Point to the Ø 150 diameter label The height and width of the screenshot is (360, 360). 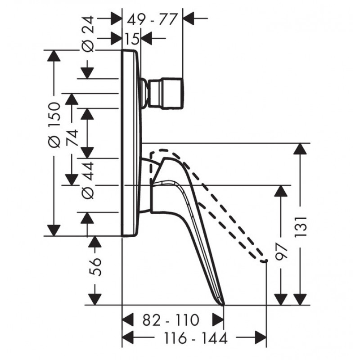pos(54,125)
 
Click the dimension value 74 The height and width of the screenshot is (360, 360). pos(72,138)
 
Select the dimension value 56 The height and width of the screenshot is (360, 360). pos(95,267)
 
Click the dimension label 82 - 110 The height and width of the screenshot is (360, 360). pos(171,320)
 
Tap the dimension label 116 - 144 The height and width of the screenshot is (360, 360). pos(196,338)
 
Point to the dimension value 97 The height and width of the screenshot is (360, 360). pos(281,252)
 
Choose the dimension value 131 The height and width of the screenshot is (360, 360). pos(301,227)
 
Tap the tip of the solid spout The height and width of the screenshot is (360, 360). pos(223,306)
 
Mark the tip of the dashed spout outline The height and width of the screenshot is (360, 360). pos(266,261)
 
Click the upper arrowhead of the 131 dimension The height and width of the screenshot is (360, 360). pos(300,149)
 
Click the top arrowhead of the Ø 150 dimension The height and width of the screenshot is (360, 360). pos(54,56)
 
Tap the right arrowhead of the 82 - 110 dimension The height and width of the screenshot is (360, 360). pos(218,319)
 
